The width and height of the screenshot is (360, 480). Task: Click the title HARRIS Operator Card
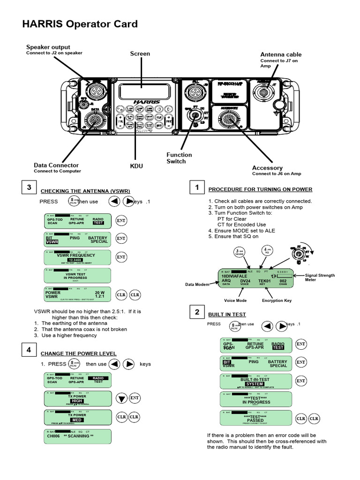click(80, 24)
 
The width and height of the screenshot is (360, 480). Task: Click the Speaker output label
click(48, 47)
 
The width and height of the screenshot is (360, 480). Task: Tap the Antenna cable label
click(281, 54)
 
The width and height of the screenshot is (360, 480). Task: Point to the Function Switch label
click(179, 158)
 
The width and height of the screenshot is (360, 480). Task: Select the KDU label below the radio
click(136, 166)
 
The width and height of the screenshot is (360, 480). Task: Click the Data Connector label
click(56, 165)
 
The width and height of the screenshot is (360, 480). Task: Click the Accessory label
click(267, 168)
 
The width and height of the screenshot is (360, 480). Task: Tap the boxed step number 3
click(29, 187)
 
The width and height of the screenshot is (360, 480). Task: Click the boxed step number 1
click(197, 187)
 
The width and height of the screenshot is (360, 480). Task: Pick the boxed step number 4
click(29, 350)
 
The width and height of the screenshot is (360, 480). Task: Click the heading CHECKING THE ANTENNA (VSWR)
click(85, 191)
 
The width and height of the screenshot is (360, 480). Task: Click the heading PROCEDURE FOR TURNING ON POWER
click(260, 189)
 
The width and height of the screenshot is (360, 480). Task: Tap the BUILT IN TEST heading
click(227, 315)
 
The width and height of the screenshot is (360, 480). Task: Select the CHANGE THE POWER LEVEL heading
click(78, 353)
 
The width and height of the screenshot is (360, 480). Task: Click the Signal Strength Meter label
click(320, 277)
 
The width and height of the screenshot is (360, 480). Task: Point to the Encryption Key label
click(277, 300)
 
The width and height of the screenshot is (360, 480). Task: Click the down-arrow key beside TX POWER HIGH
click(121, 398)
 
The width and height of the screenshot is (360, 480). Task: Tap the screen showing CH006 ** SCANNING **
click(78, 436)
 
